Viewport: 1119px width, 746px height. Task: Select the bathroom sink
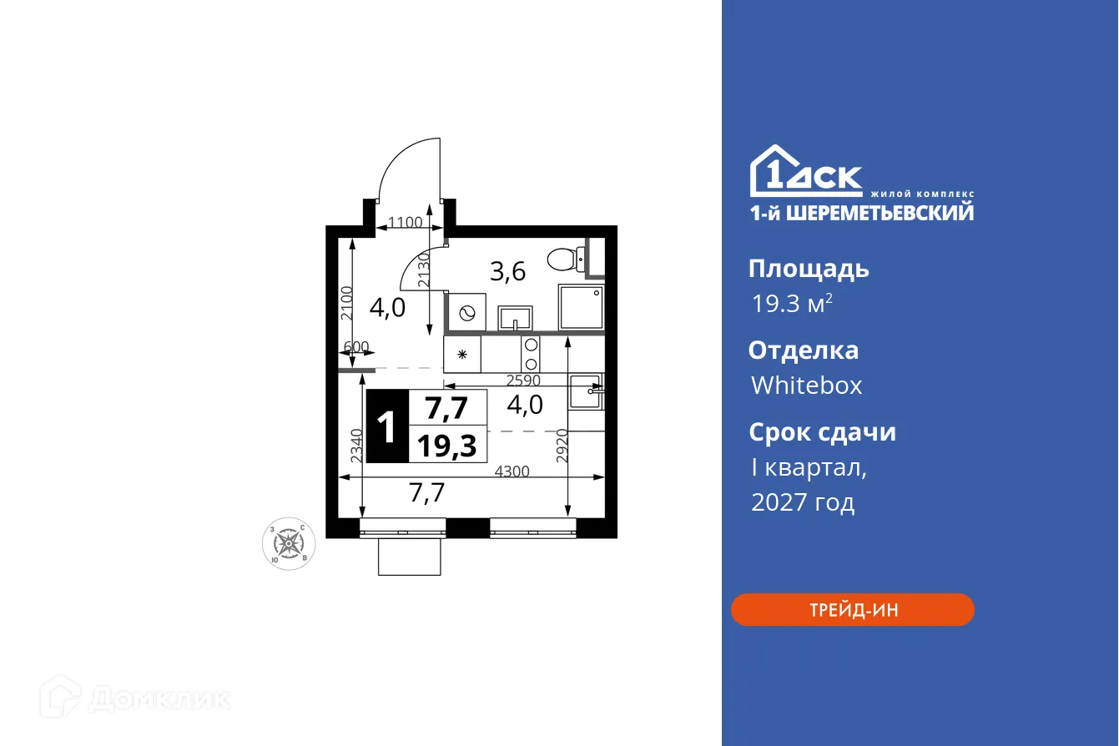coord(517,318)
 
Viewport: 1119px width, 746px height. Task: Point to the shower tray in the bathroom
coord(581,306)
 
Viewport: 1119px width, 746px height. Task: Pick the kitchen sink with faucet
coord(586,391)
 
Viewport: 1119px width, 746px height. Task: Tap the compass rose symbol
coord(289,544)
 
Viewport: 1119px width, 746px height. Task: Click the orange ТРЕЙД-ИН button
coord(853,609)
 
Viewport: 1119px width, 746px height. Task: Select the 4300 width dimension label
coord(512,471)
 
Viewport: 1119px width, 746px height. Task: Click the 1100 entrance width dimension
coord(405,222)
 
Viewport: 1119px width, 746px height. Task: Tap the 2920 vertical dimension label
coord(562,444)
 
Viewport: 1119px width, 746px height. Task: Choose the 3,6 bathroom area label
coord(507,272)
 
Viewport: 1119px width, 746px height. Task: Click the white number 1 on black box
coord(387,427)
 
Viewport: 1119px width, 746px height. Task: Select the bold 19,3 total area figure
coord(446,446)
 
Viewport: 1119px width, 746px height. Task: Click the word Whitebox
coord(806,386)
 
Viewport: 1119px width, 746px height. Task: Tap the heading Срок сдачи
coord(822,432)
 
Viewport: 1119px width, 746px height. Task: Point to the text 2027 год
coord(803,502)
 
